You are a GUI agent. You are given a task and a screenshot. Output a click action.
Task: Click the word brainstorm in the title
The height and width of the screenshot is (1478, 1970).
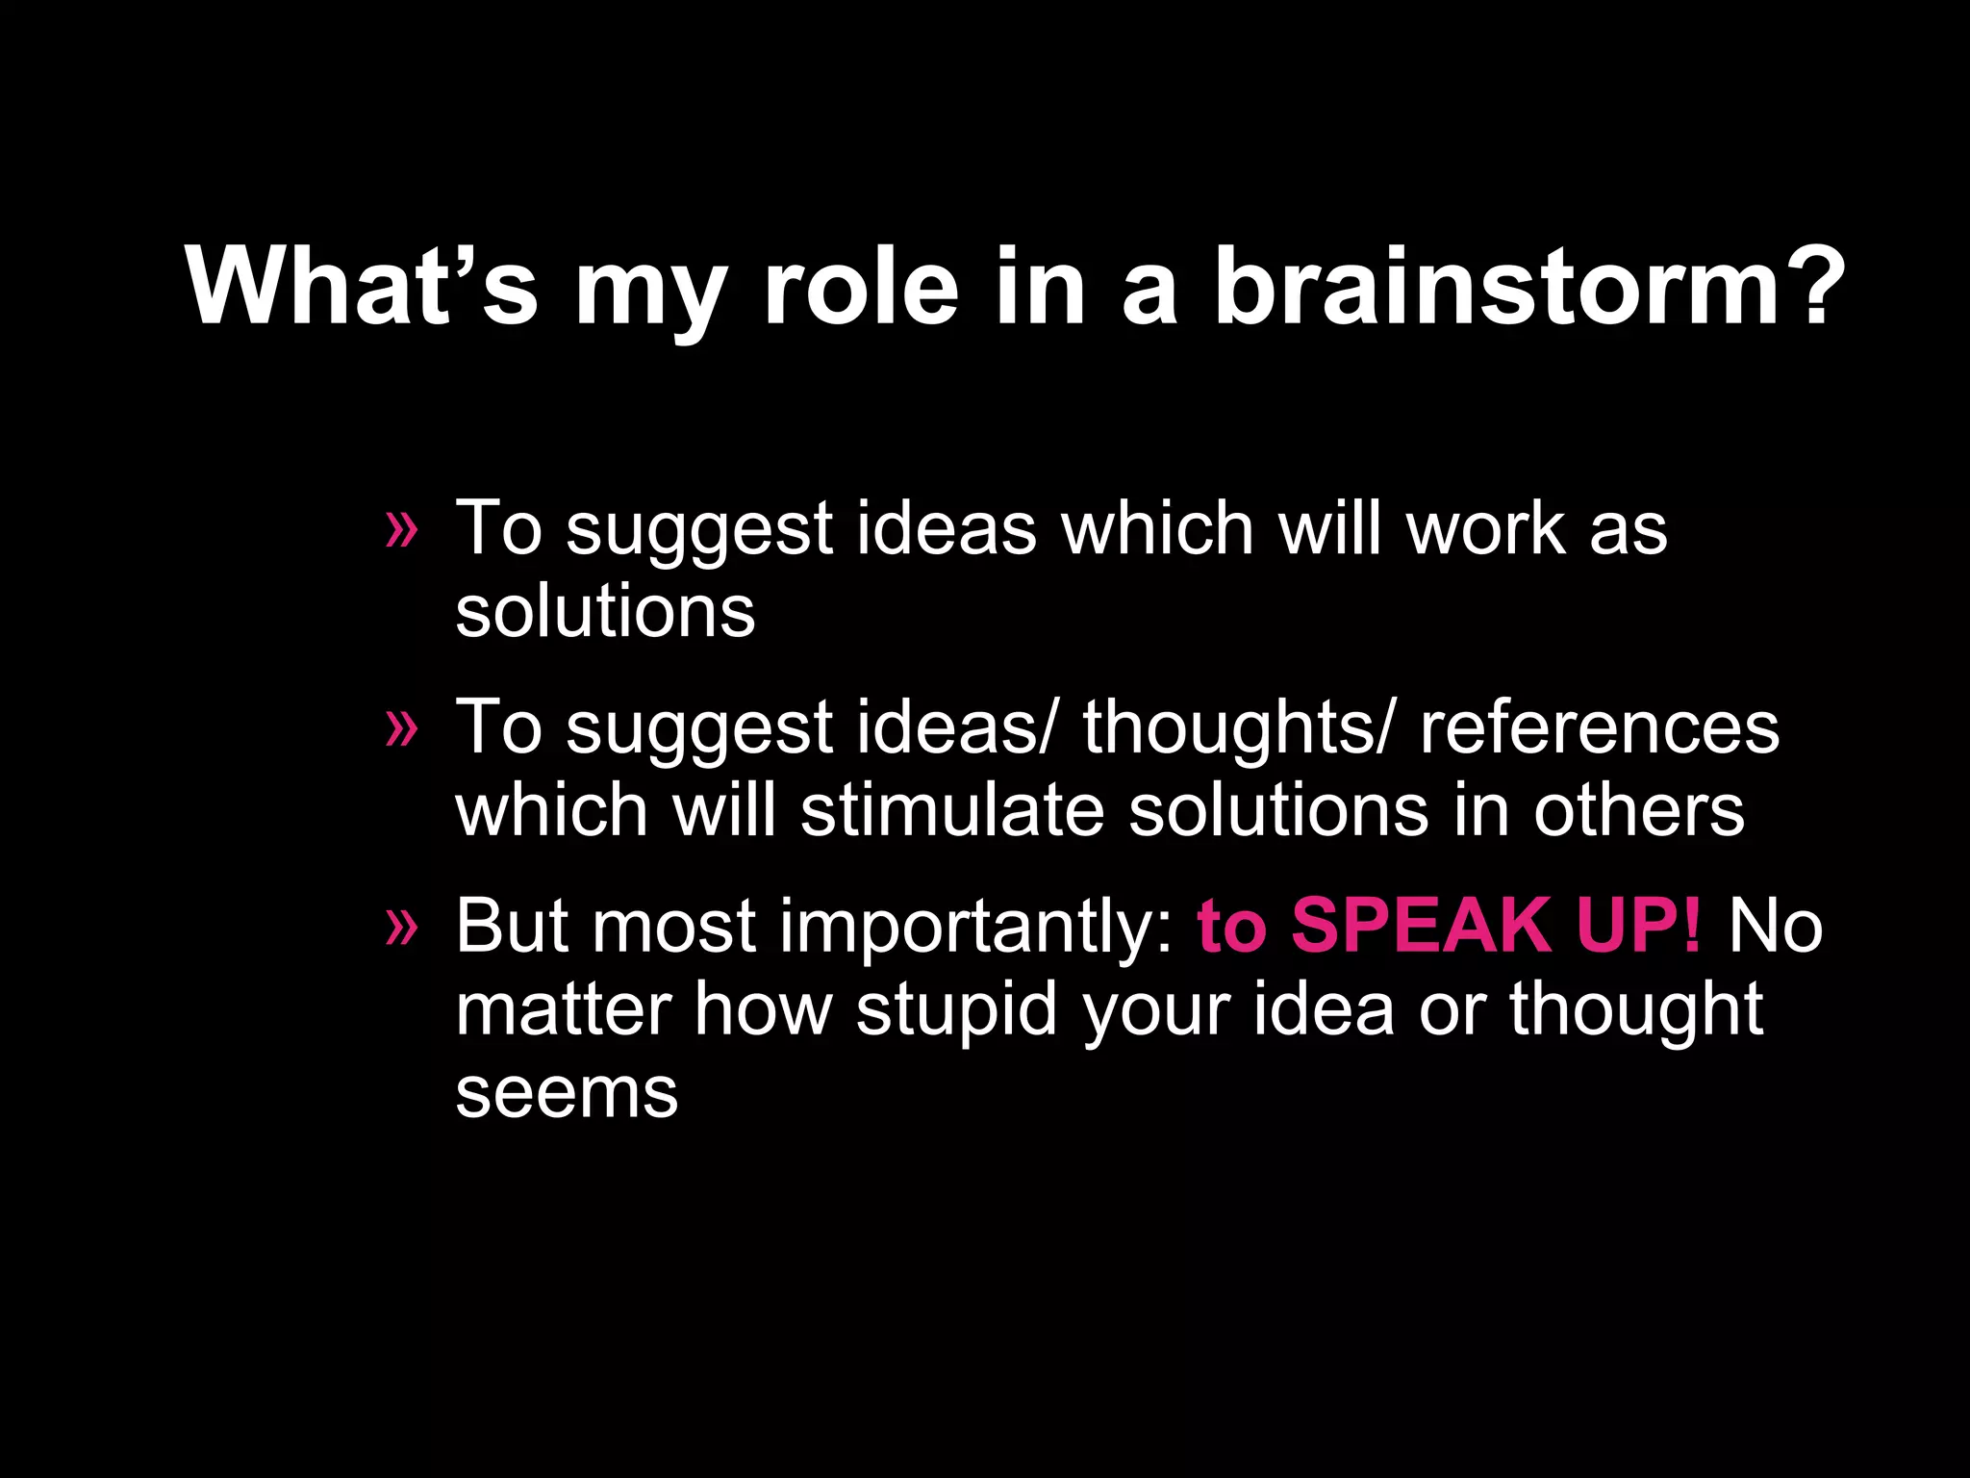[1496, 287]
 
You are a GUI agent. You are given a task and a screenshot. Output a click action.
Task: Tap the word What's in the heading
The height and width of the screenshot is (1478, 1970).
[361, 287]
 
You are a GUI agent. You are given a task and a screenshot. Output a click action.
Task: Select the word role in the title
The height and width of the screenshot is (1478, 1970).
[861, 287]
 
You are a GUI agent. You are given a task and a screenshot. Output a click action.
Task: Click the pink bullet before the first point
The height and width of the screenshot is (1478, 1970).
[401, 530]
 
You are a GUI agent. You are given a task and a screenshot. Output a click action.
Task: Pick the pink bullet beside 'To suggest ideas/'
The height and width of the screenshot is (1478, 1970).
[401, 728]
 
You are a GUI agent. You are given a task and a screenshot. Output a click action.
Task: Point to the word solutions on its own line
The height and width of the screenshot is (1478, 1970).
[605, 612]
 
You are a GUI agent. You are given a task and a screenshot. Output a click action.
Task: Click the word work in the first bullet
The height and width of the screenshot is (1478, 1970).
[1485, 528]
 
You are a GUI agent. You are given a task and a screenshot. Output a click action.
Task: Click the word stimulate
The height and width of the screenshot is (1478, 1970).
[952, 810]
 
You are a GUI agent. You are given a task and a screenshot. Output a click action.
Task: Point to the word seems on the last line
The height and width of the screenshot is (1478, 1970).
[567, 1094]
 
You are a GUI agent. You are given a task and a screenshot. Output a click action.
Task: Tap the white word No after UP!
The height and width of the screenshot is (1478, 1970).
[1775, 926]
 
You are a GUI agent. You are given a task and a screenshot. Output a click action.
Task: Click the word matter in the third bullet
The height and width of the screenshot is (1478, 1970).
[563, 1010]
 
